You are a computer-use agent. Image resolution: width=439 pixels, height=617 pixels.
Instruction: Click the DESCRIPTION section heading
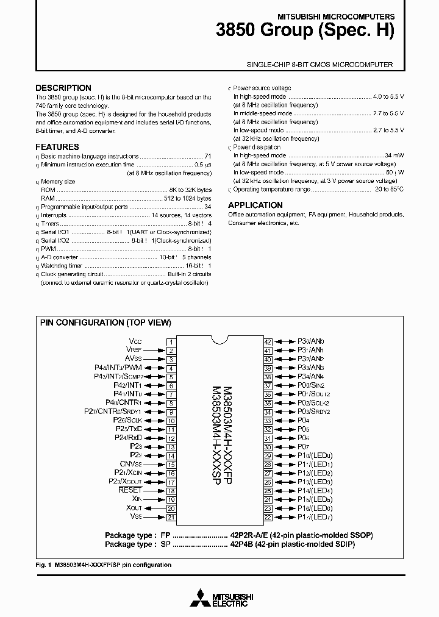click(63, 88)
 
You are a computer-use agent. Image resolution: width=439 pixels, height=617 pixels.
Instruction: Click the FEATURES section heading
click(57, 147)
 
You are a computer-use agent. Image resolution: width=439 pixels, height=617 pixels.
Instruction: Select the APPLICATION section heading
click(255, 205)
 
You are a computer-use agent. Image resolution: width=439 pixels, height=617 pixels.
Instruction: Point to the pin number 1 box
click(171, 342)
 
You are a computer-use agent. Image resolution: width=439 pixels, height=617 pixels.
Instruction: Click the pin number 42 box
click(268, 342)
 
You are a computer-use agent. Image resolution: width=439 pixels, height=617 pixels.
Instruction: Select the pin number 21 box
click(171, 518)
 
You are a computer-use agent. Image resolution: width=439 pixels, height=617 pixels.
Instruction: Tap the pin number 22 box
click(268, 518)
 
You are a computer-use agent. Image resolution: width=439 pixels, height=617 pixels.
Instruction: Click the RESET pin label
click(130, 490)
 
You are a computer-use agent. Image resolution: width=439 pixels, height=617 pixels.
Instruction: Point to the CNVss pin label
click(130, 464)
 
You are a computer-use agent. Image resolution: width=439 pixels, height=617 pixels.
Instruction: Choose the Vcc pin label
click(135, 341)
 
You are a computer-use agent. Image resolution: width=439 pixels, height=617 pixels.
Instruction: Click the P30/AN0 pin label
click(311, 342)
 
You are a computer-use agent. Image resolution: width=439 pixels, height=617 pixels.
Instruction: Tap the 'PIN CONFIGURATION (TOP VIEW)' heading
click(105, 323)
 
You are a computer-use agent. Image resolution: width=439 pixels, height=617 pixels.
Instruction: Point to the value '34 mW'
click(394, 156)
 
